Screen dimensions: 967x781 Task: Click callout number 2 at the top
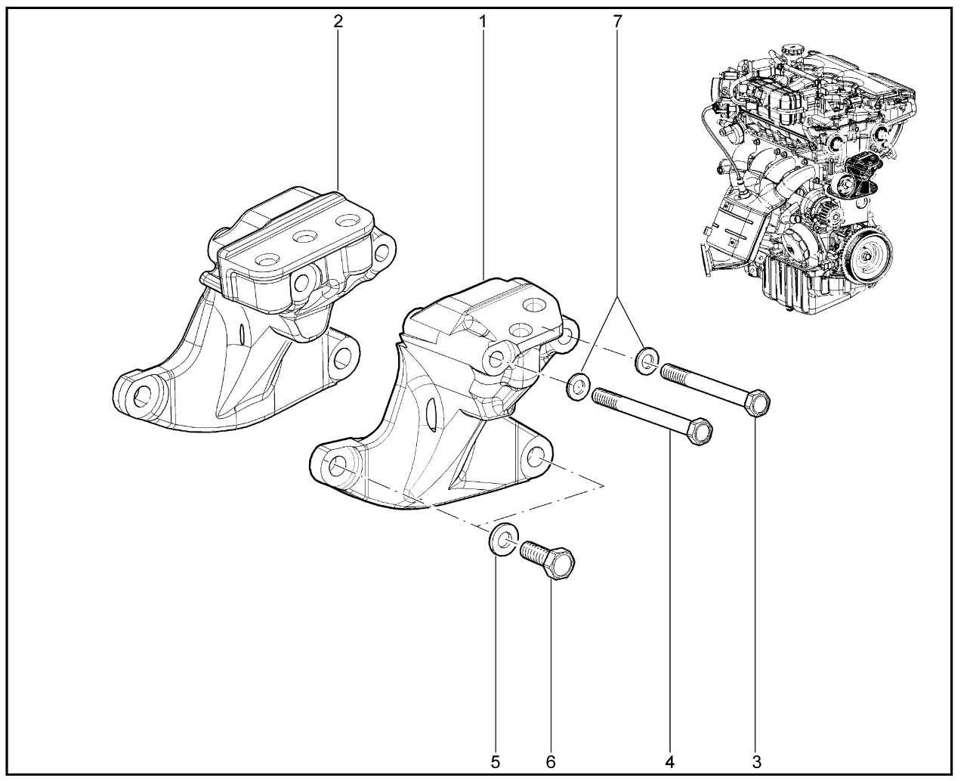click(338, 21)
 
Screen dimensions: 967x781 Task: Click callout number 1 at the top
click(483, 21)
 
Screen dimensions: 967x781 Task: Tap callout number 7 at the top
click(617, 21)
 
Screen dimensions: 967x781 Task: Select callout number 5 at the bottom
click(496, 761)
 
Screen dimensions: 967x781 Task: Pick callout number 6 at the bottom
click(550, 761)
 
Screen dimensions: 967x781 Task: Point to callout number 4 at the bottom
click(669, 761)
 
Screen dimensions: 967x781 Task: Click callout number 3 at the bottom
click(756, 761)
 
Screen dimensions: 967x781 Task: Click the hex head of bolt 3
click(757, 402)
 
